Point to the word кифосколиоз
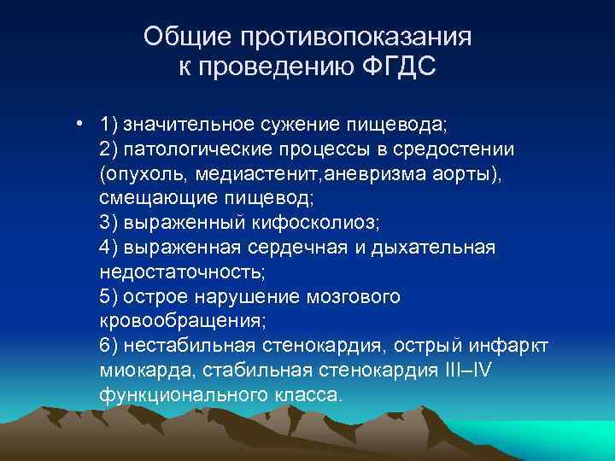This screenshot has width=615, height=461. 323,223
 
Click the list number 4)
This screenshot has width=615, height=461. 108,248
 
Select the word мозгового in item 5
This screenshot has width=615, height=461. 355,297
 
